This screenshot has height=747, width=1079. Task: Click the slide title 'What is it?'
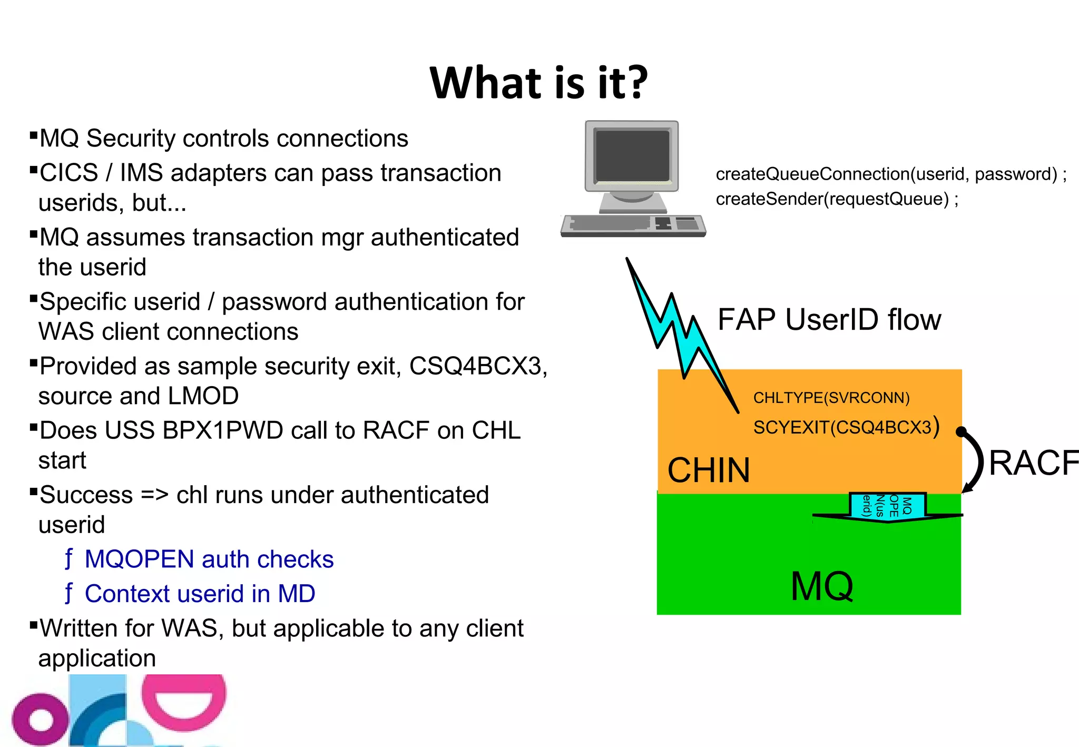(538, 83)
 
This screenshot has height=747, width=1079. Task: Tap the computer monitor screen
(632, 155)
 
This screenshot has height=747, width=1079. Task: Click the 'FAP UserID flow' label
(829, 319)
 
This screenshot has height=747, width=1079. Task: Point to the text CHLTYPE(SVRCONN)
(831, 398)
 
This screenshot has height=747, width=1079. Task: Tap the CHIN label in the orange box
(708, 470)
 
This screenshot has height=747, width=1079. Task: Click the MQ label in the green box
(821, 586)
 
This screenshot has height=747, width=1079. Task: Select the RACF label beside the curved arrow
(1033, 463)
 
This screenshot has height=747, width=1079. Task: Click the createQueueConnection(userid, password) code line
(890, 174)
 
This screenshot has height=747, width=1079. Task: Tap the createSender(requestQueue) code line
(837, 199)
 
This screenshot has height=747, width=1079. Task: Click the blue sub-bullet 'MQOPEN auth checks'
(209, 559)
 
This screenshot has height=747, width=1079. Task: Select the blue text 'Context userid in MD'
(200, 594)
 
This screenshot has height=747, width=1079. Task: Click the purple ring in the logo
(40, 719)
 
